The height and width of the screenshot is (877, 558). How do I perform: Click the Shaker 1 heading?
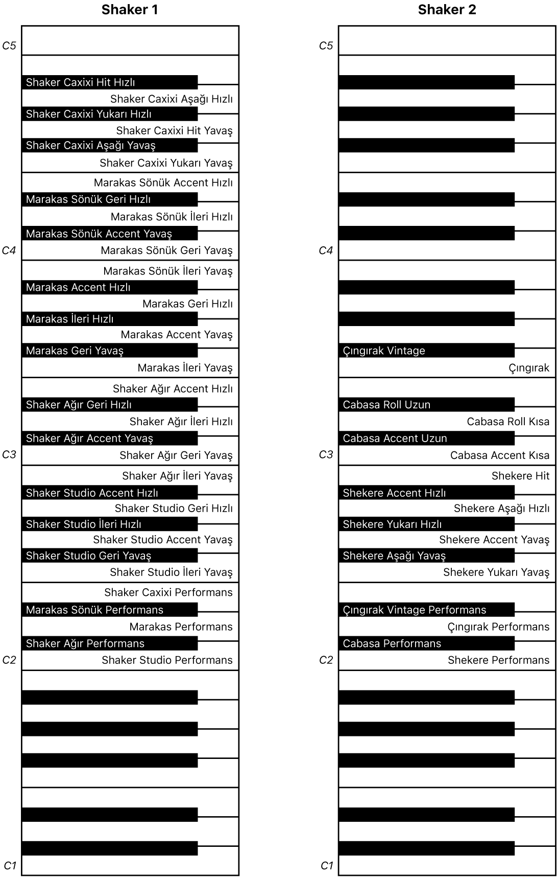pyautogui.click(x=130, y=10)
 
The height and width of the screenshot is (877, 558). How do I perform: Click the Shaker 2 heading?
pyautogui.click(x=447, y=10)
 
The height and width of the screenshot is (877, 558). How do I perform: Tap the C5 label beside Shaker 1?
pyautogui.click(x=9, y=46)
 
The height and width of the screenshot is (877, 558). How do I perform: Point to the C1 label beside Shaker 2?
pyautogui.click(x=327, y=865)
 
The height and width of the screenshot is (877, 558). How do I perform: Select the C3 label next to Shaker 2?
pyautogui.click(x=326, y=455)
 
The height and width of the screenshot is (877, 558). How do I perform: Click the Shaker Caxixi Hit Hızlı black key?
pyautogui.click(x=109, y=82)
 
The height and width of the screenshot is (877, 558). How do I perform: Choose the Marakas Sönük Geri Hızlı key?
pyautogui.click(x=109, y=199)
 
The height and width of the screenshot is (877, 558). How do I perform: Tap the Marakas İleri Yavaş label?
pyautogui.click(x=185, y=368)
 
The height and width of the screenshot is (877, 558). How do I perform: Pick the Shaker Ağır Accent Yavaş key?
pyautogui.click(x=109, y=439)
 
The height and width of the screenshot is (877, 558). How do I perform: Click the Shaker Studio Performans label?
pyautogui.click(x=167, y=660)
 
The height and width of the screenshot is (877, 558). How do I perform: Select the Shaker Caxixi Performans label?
pyautogui.click(x=168, y=592)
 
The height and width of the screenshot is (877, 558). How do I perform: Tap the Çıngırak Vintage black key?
pyautogui.click(x=426, y=351)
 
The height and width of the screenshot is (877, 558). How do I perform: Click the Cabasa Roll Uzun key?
pyautogui.click(x=426, y=405)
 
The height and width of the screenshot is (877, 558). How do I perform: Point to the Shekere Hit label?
pyautogui.click(x=520, y=476)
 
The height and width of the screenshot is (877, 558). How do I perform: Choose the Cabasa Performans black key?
pyautogui.click(x=426, y=643)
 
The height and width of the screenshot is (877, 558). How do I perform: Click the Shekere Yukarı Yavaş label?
pyautogui.click(x=496, y=572)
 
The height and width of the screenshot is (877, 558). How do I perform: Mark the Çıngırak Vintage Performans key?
pyautogui.click(x=426, y=610)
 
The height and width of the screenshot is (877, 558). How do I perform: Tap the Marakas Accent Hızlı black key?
pyautogui.click(x=109, y=287)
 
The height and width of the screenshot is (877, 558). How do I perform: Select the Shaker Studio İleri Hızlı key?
pyautogui.click(x=109, y=524)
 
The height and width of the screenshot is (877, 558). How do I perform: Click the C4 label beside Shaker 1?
pyautogui.click(x=9, y=250)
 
